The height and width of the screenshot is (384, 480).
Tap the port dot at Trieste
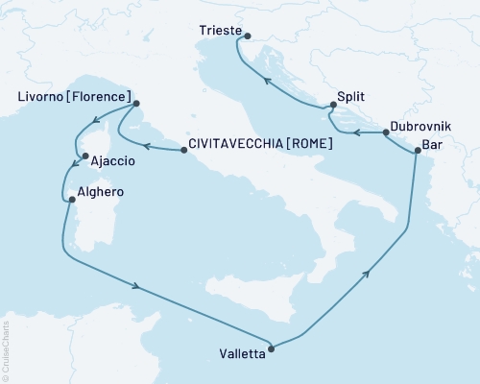pyautogui.click(x=248, y=37)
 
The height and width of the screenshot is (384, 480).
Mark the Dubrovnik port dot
pyautogui.click(x=384, y=132)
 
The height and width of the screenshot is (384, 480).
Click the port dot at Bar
pyautogui.click(x=417, y=150)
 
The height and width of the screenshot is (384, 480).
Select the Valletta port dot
pyautogui.click(x=272, y=349)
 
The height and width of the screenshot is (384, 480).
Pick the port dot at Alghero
pyautogui.click(x=70, y=200)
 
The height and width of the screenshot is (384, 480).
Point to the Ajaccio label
pyautogui.click(x=110, y=163)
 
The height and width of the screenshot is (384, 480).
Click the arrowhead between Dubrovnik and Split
pyautogui.click(x=356, y=133)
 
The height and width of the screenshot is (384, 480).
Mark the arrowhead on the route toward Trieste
pyautogui.click(x=268, y=80)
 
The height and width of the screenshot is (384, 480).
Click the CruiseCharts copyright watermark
pyautogui.click(x=5, y=346)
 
